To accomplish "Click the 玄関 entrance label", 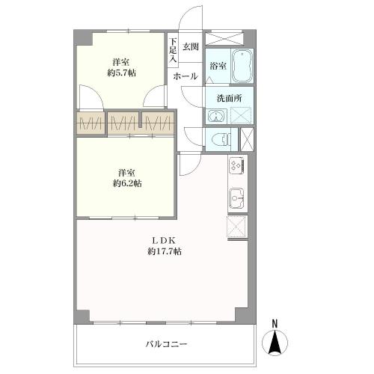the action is tap(191, 46).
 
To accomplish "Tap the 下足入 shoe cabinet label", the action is tap(173, 50).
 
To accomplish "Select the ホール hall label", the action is tap(186, 76).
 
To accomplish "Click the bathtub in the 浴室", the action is tap(242, 66).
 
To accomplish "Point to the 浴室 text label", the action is tap(218, 66).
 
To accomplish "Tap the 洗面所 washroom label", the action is tap(229, 98).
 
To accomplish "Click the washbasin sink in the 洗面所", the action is tap(216, 116).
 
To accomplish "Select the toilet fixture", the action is tap(221, 139).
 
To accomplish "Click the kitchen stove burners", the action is tap(237, 165).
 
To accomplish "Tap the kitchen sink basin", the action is tap(236, 198).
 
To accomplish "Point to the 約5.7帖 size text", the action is tap(122, 73).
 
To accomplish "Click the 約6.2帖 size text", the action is tap(127, 184).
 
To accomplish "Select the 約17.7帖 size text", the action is tap(165, 251).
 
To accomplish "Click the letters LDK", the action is tap(165, 241).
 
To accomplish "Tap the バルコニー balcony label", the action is tap(166, 344).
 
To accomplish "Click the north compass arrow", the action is tap(275, 342).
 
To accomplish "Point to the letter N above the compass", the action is tap(275, 324).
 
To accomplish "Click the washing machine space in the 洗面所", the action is tap(241, 114).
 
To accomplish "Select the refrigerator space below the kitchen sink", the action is tap(237, 227).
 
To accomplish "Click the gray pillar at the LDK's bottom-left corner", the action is tap(82, 316).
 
